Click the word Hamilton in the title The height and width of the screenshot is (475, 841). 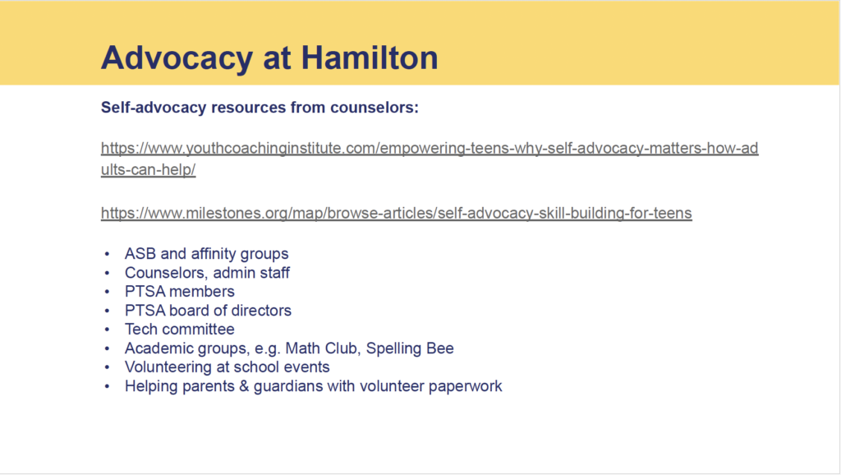(370, 58)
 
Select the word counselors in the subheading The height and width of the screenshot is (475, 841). (375, 108)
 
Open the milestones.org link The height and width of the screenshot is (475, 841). (397, 213)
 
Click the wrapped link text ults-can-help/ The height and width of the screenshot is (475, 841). (148, 169)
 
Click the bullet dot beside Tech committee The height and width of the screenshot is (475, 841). (108, 330)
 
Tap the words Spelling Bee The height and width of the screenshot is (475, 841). (410, 348)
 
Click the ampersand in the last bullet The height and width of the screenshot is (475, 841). (244, 386)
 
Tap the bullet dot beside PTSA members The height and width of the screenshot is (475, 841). (108, 292)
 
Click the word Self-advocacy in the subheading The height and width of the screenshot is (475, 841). (154, 108)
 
